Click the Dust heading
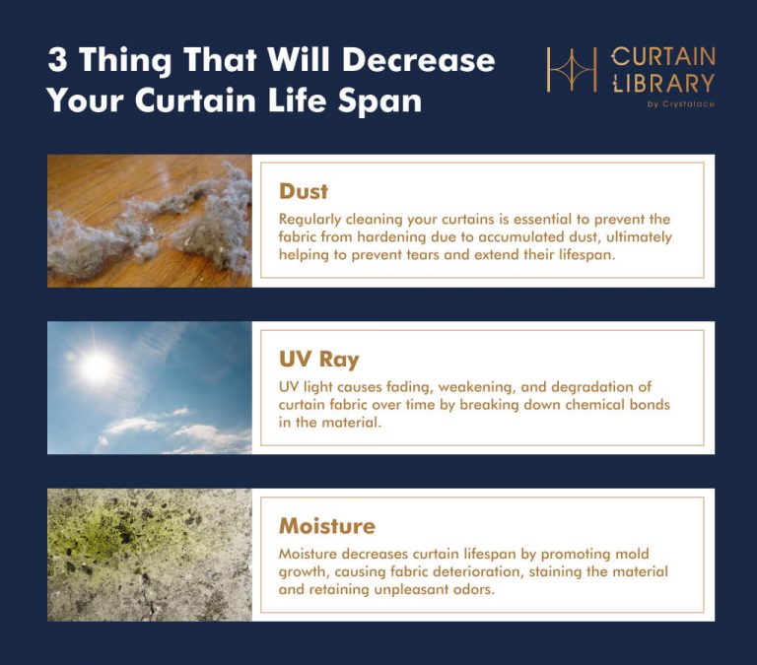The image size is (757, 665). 303,191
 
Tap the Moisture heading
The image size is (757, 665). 326,525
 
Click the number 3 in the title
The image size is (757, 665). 57,60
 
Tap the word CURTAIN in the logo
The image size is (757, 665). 662,56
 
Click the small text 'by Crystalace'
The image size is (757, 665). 681,103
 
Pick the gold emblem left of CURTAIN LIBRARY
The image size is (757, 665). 573,71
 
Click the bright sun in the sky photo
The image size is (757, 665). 96,366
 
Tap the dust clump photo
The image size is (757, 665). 149,221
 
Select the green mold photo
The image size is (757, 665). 149,555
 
